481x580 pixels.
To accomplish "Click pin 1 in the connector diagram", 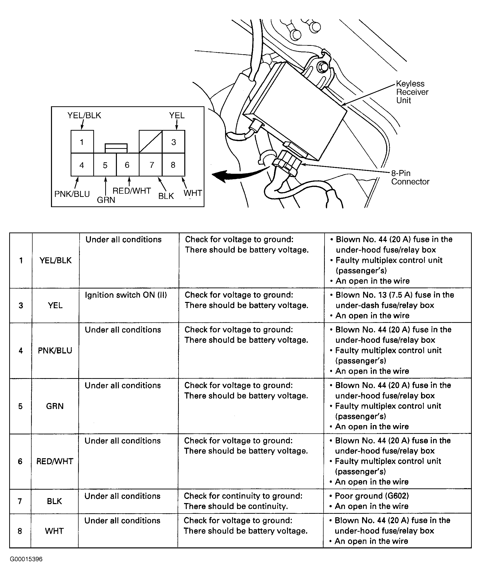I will pos(82,142).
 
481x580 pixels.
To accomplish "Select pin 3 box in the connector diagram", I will pos(174,142).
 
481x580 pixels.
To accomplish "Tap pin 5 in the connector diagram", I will pos(105,165).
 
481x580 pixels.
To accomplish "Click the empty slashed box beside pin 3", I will pos(150,142).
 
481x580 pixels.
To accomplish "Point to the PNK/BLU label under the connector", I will pos(72,194).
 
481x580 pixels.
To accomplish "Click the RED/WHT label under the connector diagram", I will pos(132,191).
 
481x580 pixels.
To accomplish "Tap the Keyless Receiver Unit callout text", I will pos(412,92).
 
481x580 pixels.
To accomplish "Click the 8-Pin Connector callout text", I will pos(410,177).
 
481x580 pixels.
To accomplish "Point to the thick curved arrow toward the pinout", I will pos(237,174).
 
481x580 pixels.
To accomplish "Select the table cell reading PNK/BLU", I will pos(55,350).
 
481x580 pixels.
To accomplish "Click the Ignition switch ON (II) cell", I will pos(126,295).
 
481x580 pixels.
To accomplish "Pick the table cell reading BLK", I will pos(54,501).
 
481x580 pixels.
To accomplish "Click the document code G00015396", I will pos(26,559).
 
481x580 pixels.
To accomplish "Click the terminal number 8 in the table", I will pos(20,531).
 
